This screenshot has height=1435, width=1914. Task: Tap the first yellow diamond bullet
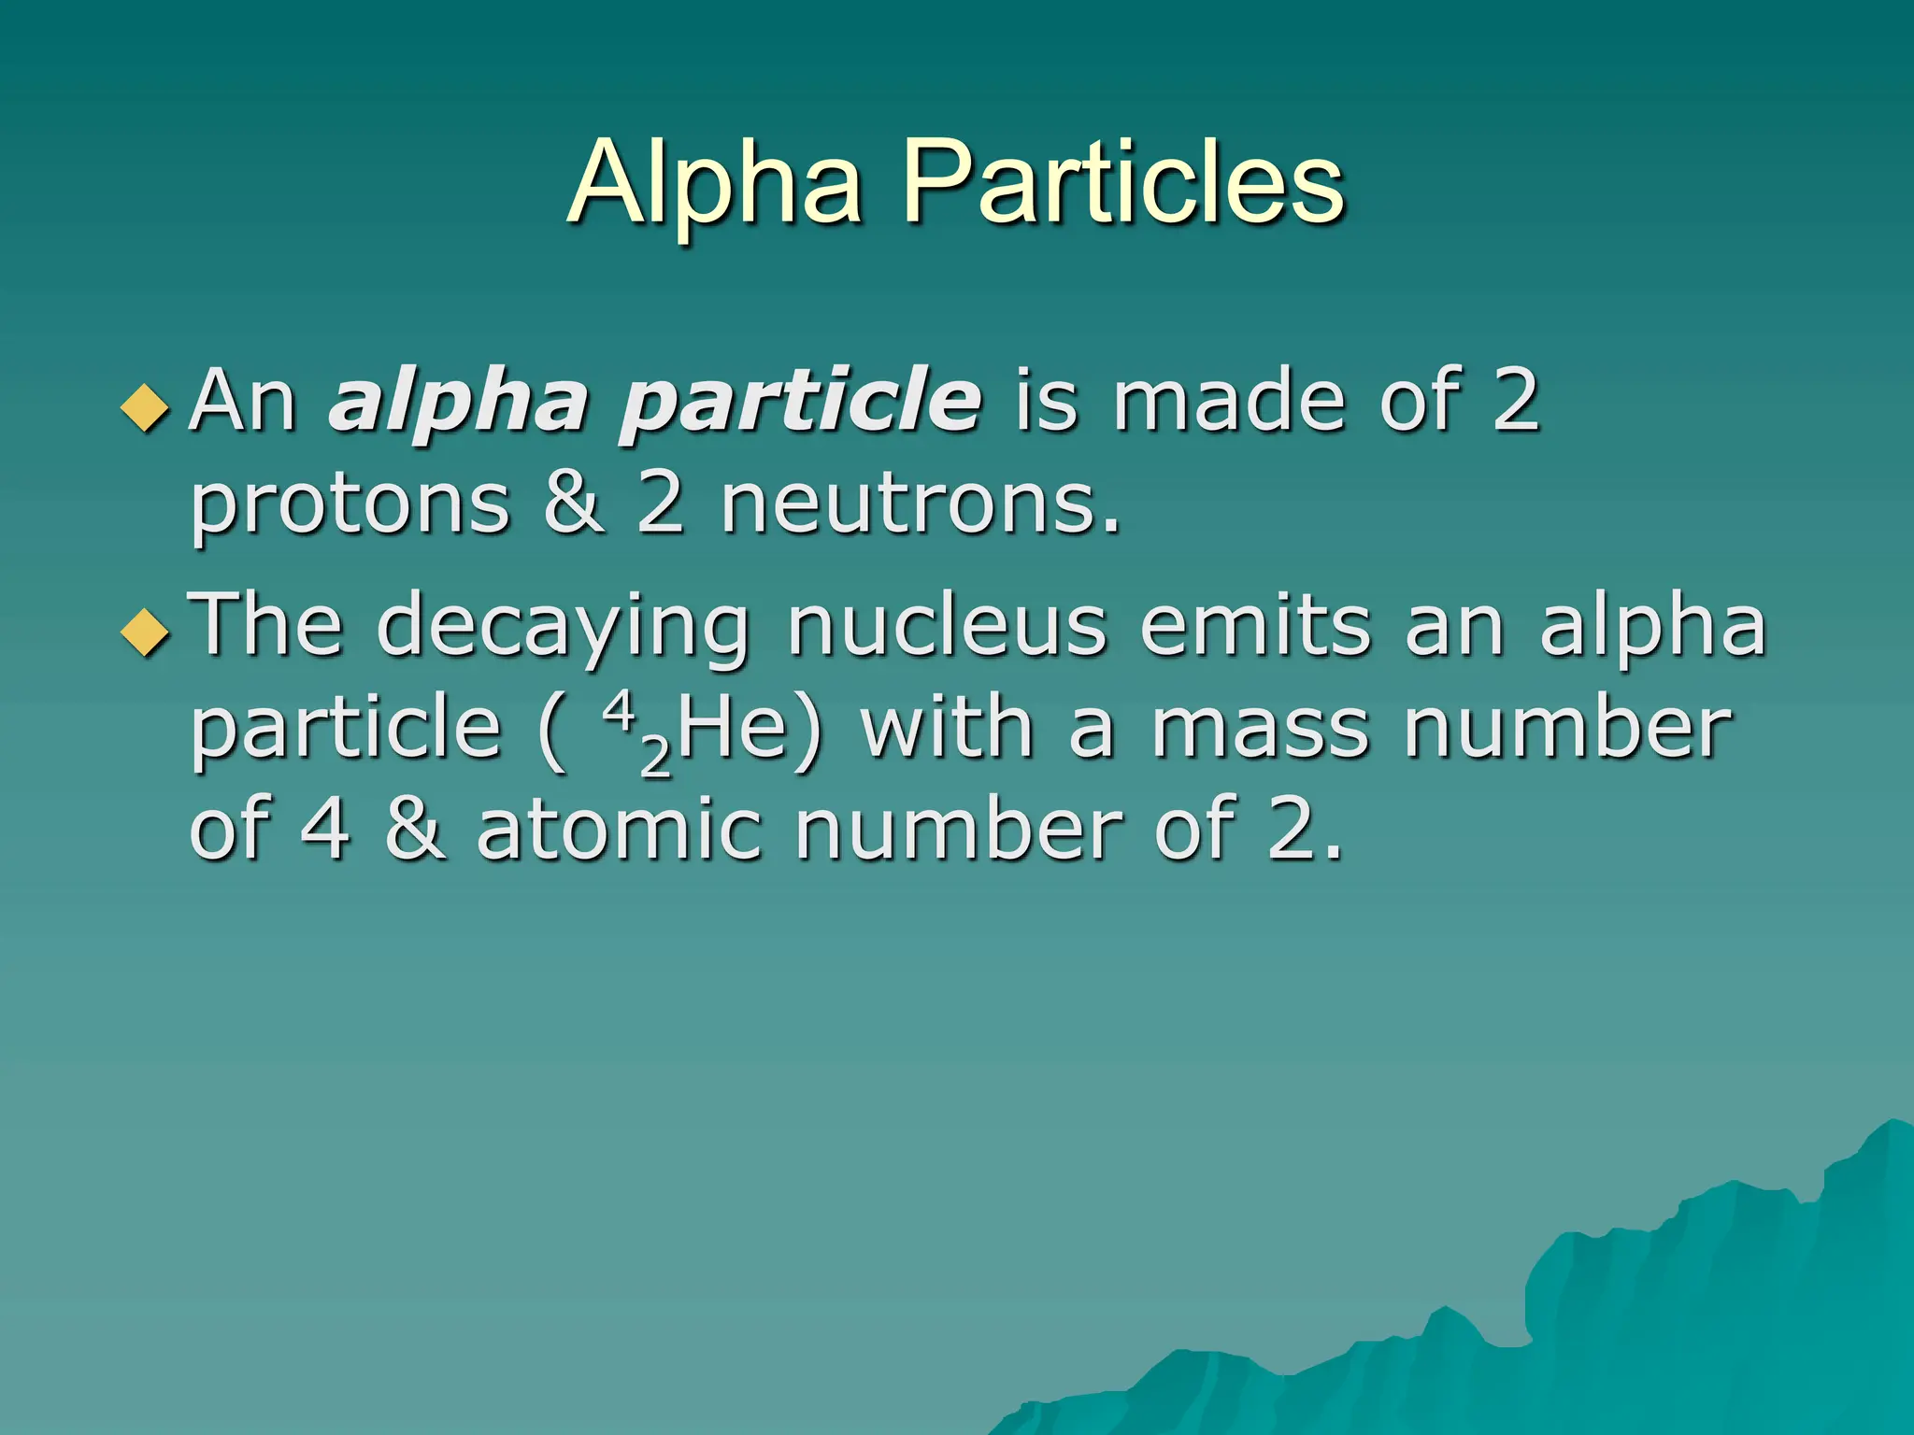pos(146,408)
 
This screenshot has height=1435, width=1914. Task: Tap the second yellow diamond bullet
pos(146,632)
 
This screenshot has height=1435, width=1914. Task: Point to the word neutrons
pos(919,504)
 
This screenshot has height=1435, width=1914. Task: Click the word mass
pos(1260,729)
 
